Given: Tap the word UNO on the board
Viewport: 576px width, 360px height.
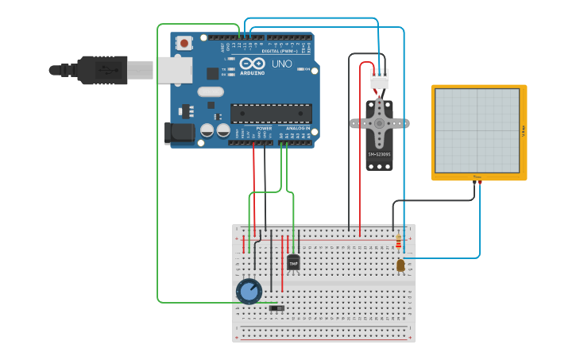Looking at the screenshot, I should point(282,64).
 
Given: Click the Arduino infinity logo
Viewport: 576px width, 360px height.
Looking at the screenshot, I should point(252,64).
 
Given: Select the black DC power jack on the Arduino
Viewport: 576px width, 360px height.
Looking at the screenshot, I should point(178,134).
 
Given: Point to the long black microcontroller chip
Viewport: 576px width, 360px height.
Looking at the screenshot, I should point(271,114).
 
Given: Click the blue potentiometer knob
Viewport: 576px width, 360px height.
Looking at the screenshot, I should point(249,291).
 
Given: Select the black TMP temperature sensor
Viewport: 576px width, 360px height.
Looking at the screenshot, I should point(293,262).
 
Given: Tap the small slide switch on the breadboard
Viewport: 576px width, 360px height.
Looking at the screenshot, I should point(276,308).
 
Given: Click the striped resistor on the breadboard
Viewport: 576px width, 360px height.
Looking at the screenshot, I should point(398,242).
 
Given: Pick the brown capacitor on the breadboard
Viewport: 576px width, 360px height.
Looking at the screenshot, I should point(400,265).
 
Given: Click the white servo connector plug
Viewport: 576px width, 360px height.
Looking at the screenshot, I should point(380,81).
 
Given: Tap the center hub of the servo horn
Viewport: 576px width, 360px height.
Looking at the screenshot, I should point(380,123).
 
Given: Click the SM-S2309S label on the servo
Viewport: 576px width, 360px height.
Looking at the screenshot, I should point(379,153).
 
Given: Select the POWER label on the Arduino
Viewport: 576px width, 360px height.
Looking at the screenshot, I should point(264,128).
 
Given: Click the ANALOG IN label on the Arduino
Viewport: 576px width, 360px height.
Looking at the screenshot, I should point(300,128).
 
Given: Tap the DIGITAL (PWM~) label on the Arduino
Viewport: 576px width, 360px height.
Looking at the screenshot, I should point(280,51).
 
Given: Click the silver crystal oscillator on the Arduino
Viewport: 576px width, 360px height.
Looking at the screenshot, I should point(211,91).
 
